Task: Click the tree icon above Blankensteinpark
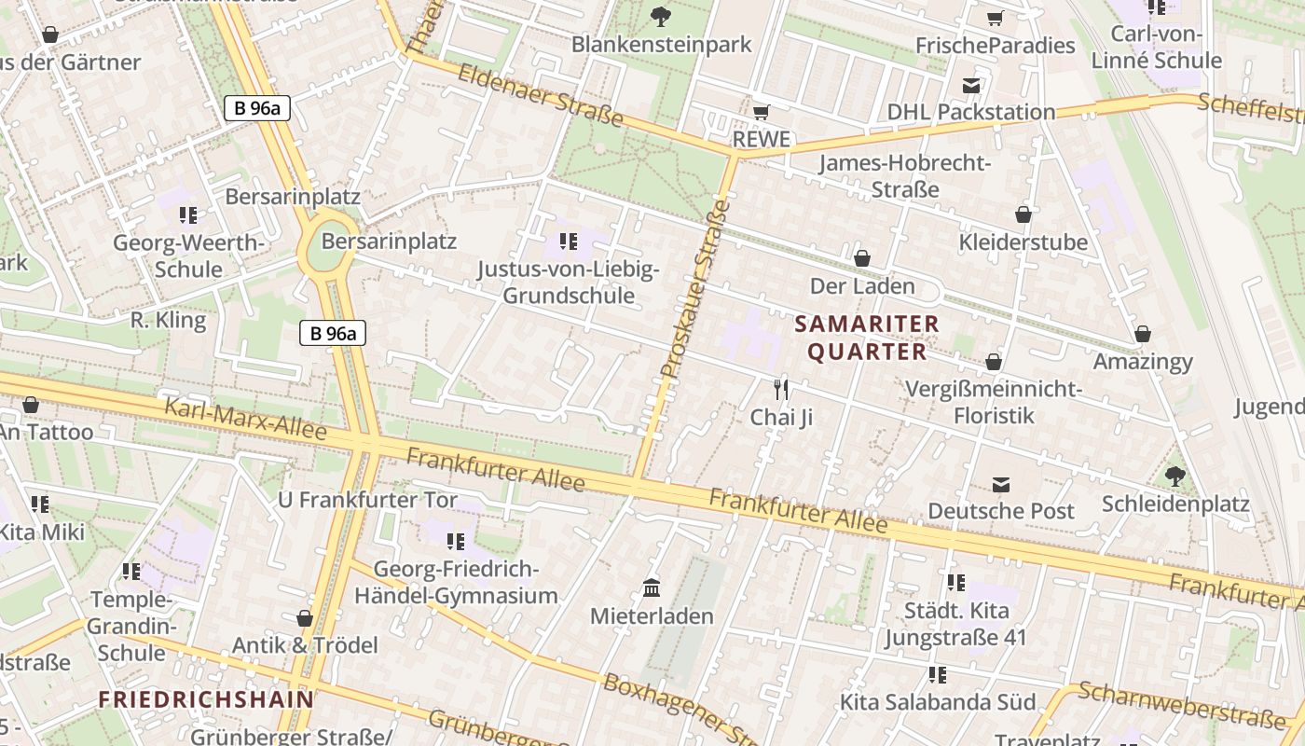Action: tap(661, 16)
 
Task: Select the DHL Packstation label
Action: tap(971, 112)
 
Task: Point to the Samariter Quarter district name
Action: tap(867, 338)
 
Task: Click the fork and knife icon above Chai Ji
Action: tap(781, 389)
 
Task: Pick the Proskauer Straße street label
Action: tap(694, 289)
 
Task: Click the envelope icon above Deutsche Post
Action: tap(1001, 484)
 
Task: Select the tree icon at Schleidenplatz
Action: tap(1175, 477)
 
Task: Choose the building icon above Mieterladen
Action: tap(652, 589)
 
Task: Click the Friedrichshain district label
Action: tap(206, 698)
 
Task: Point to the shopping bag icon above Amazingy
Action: tap(1143, 334)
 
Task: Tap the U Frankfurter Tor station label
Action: tap(368, 500)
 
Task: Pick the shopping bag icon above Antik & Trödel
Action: tap(304, 618)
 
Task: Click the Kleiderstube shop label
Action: tap(1023, 242)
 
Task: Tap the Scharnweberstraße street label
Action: tap(1181, 706)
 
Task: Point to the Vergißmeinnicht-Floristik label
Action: tap(994, 401)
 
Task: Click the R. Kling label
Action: tap(168, 320)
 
